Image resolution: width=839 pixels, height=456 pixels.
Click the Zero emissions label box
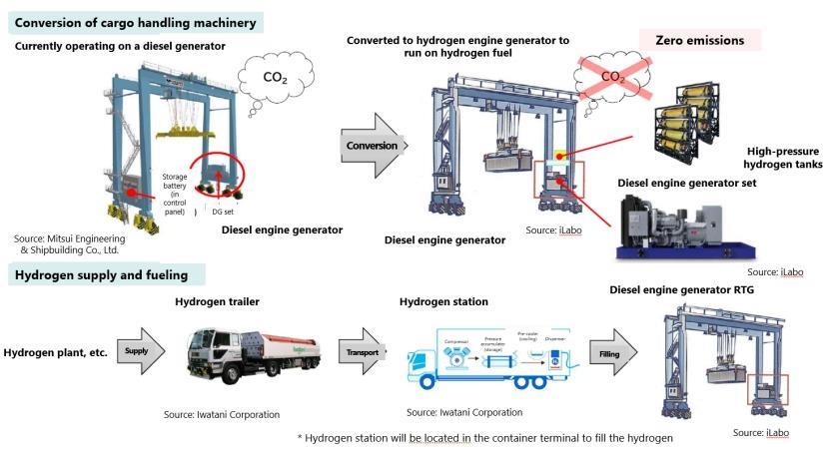tap(699, 41)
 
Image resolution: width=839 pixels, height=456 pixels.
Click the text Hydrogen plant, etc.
tap(55, 352)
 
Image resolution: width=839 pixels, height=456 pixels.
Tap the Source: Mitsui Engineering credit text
tap(70, 244)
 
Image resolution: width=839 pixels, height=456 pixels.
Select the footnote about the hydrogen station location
tap(485, 437)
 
